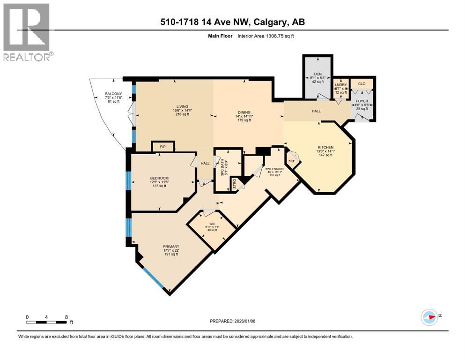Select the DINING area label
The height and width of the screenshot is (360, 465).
coord(244,112)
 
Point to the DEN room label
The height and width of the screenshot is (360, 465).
coord(317,74)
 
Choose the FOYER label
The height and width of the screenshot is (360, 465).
coord(362,101)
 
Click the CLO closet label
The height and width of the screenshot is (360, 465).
coord(361,84)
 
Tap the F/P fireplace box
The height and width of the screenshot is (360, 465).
coord(162,147)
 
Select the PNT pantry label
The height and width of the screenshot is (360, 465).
coord(291,161)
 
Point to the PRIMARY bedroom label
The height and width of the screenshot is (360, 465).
coord(171,247)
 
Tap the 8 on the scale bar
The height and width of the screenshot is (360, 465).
coord(66,316)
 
